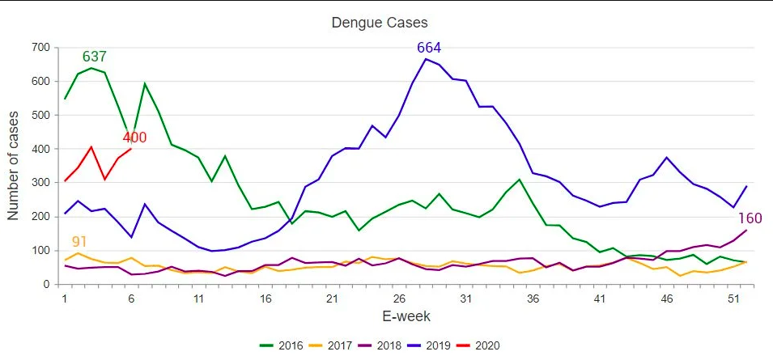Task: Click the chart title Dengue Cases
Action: click(380, 22)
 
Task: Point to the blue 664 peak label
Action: click(429, 48)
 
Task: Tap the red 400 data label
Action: click(134, 138)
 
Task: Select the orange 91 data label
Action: click(79, 242)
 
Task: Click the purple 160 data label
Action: click(750, 218)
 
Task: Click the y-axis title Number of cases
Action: click(14, 167)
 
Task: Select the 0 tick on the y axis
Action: click(48, 285)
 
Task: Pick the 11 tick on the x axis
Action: click(198, 299)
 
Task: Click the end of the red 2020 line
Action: click(131, 149)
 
